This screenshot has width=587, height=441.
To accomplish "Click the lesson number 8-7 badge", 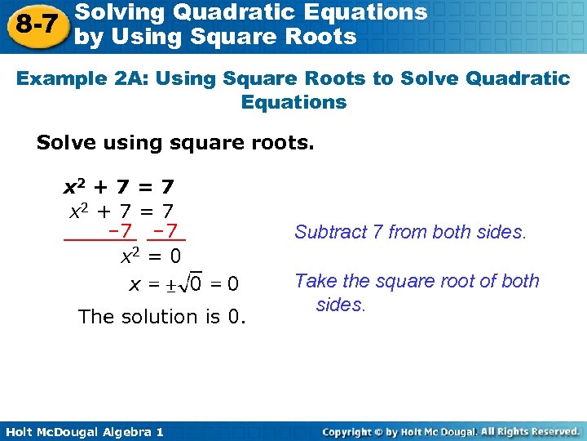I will [36, 24].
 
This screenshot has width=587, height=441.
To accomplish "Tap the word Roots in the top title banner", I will [321, 37].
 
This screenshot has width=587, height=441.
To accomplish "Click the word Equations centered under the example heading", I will [293, 102].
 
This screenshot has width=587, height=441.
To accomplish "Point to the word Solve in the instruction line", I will [65, 143].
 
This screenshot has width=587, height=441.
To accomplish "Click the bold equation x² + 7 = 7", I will [119, 188].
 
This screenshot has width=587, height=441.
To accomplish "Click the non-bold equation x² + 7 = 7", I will [120, 211].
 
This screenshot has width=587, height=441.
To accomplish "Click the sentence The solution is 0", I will [161, 316].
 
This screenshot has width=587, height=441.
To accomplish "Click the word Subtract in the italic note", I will [324, 232].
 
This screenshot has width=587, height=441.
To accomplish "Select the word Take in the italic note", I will [312, 281].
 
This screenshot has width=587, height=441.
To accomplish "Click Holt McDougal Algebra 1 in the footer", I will [83, 431].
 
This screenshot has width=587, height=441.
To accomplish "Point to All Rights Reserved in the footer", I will [529, 431].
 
